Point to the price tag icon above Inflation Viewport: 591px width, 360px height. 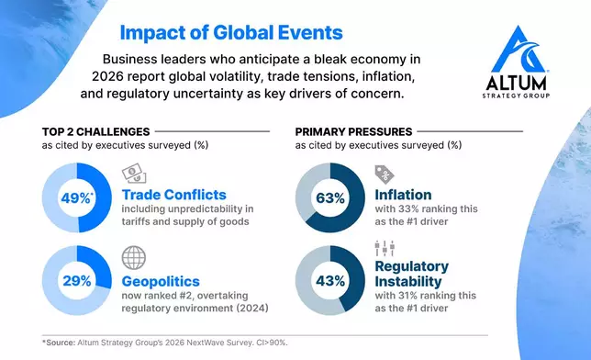[384, 174]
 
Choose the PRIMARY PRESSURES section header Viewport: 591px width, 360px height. [354, 131]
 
